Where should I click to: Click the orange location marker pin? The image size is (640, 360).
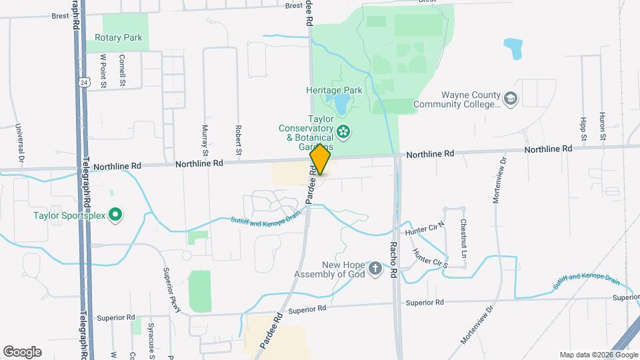pos(320,159)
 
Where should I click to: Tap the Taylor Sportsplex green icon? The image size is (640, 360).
pos(115,215)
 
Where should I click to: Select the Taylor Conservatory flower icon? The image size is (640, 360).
pos(343,131)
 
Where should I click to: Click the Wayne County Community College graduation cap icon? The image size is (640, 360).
pos(511,99)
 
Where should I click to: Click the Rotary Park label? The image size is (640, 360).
pos(119,38)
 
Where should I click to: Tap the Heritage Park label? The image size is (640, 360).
pos(333,89)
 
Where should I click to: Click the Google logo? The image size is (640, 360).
pos(22,351)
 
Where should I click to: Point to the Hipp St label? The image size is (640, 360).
pos(583,128)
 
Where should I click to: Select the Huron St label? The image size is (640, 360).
pos(603,127)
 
